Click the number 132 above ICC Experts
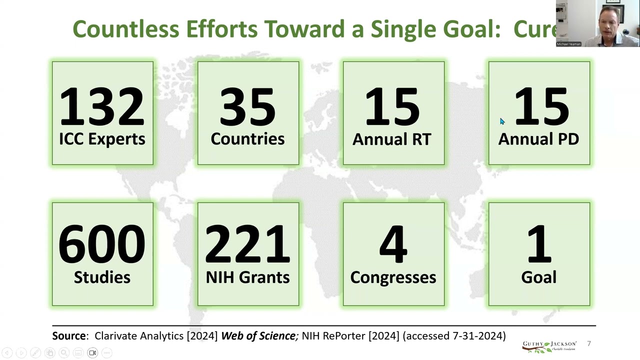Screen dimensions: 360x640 click(102, 106)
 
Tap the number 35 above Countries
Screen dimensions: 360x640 click(247, 106)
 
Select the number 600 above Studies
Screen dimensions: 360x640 click(102, 244)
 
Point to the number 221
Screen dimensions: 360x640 click(247, 244)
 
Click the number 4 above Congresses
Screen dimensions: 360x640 click(393, 244)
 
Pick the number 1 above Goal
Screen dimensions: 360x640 click(539, 244)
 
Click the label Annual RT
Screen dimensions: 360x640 click(392, 139)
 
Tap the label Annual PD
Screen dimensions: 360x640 click(538, 139)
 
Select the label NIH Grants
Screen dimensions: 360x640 click(247, 277)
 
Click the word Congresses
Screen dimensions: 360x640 click(393, 277)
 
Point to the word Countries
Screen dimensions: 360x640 click(247, 139)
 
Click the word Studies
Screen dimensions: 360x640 click(102, 277)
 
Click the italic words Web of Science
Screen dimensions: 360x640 click(258, 336)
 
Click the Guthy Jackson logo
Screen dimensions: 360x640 click(549, 346)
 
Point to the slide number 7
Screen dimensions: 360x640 click(589, 343)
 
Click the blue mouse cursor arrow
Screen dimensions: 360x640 click(502, 121)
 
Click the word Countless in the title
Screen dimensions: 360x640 click(126, 29)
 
